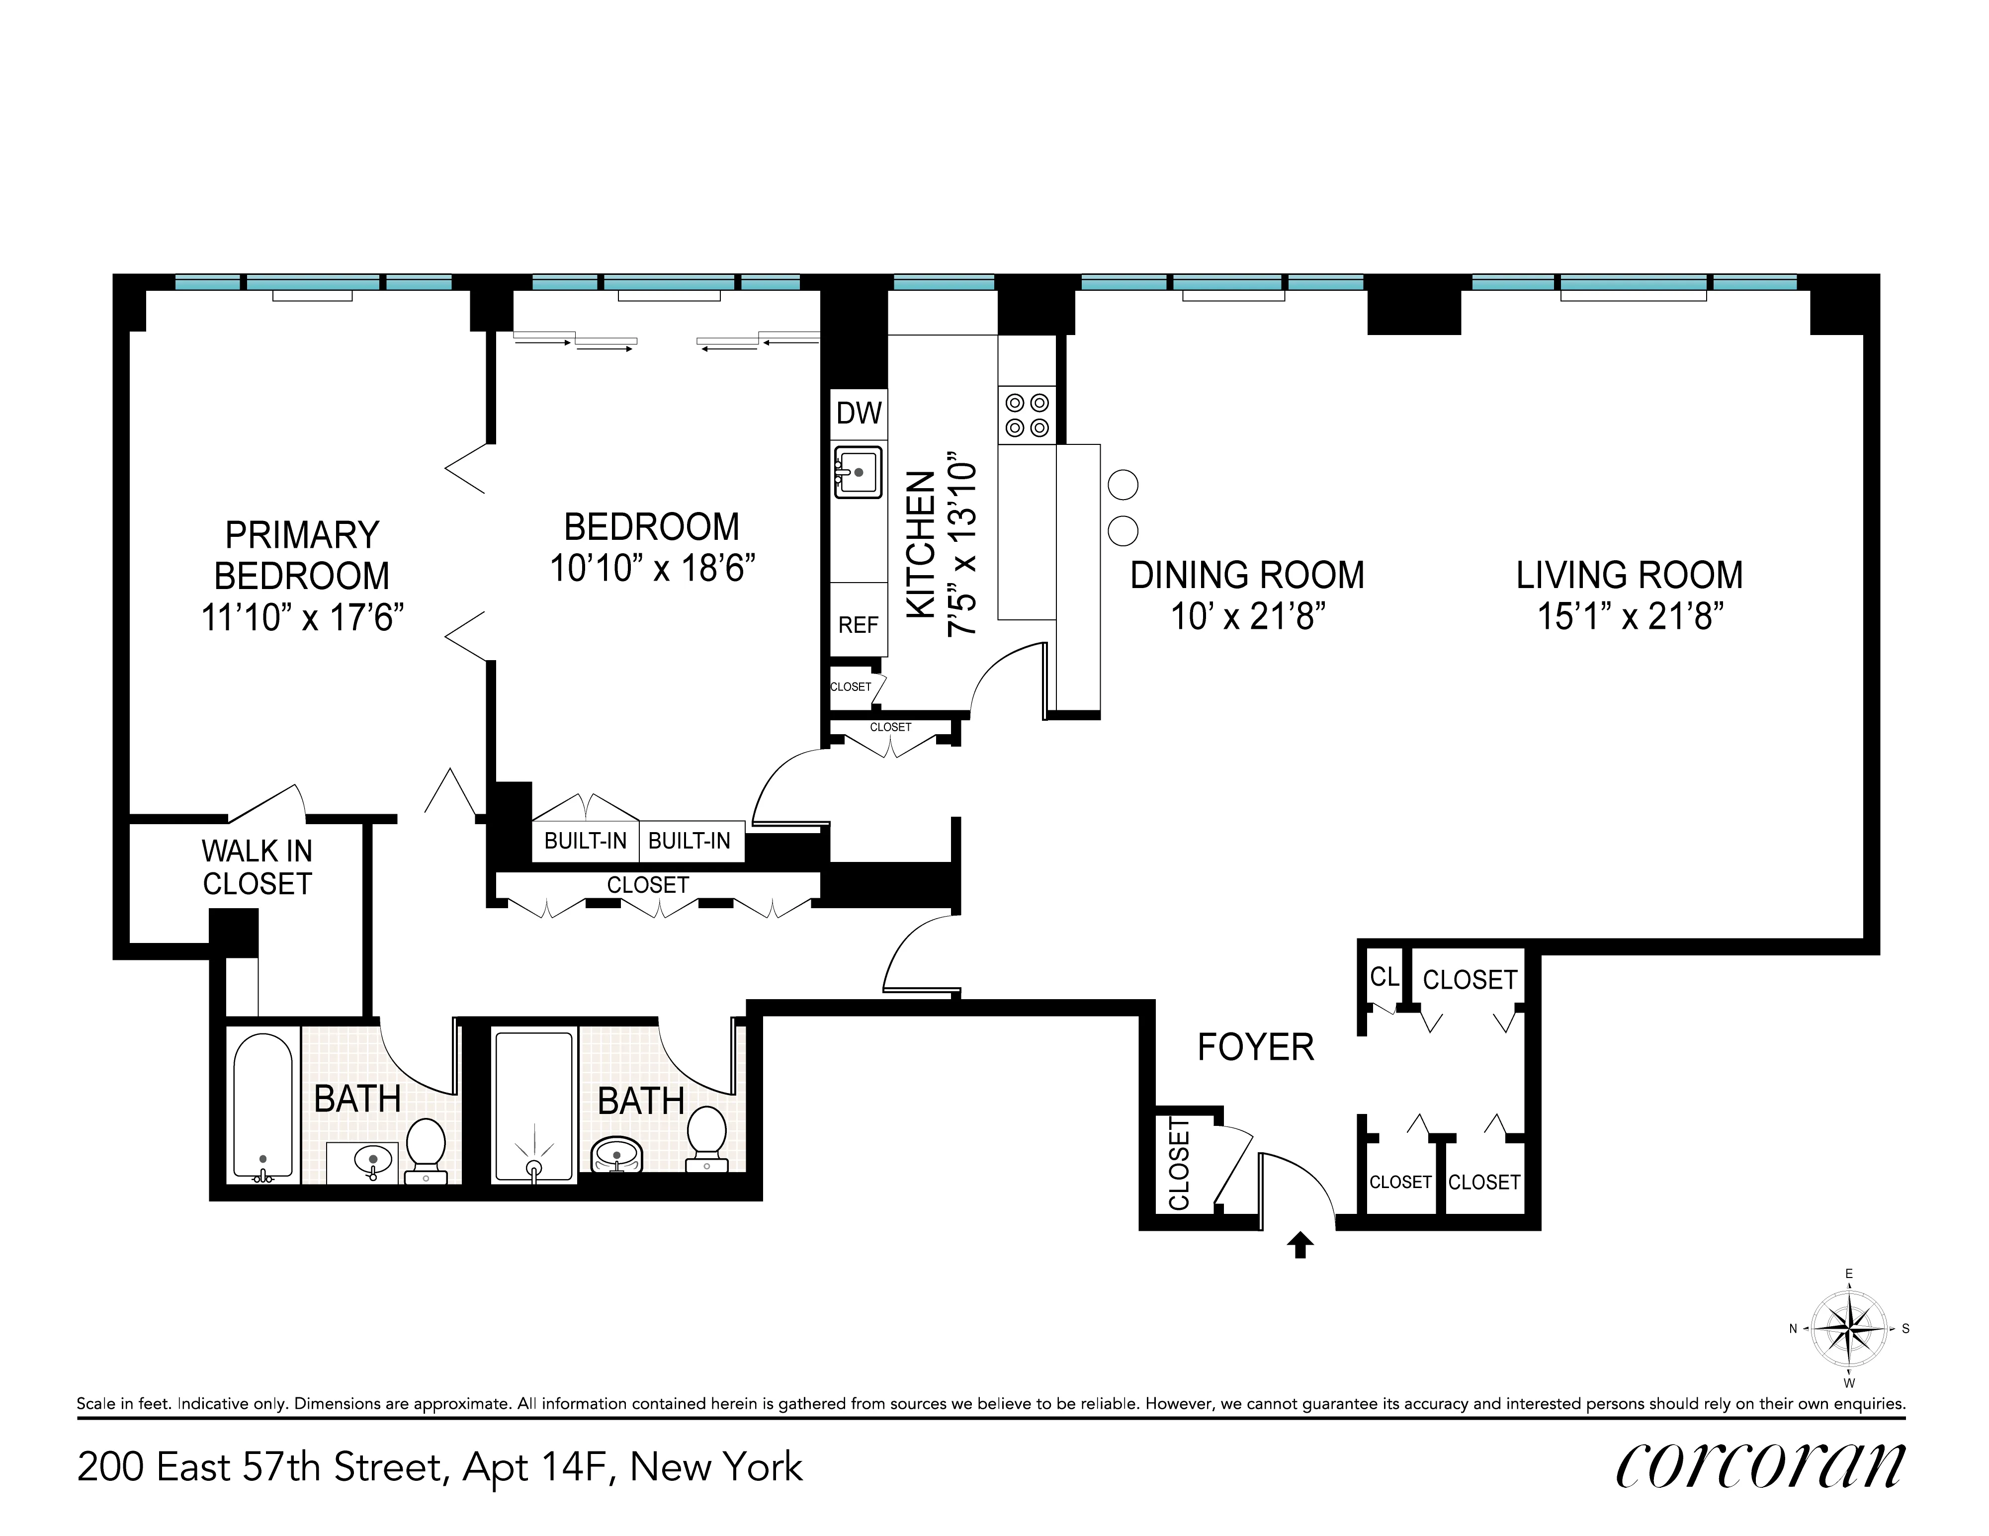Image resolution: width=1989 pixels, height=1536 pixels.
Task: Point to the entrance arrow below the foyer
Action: click(1299, 1245)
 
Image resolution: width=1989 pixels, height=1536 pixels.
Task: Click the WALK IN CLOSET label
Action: click(257, 867)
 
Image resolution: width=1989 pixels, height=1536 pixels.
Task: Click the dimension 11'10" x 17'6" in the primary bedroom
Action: click(301, 617)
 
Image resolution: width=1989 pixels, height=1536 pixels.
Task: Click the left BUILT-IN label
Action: click(586, 841)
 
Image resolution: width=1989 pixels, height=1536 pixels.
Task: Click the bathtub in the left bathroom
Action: click(263, 1106)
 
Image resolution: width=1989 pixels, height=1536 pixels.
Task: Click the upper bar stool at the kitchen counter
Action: click(1123, 484)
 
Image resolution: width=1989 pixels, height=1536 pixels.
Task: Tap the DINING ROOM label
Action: click(1247, 576)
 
